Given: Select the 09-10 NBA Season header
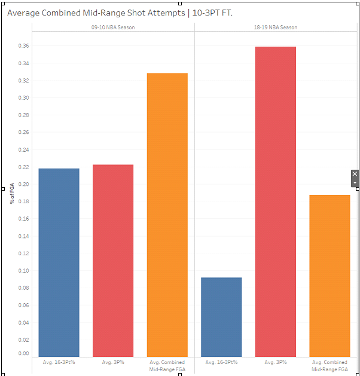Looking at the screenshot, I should click(113, 27).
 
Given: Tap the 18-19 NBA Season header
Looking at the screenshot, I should click(276, 27).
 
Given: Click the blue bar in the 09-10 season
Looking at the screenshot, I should click(59, 262).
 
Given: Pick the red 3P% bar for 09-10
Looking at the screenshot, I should click(113, 261).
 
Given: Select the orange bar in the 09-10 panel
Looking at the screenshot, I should click(167, 215).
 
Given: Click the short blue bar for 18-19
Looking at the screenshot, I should click(221, 317).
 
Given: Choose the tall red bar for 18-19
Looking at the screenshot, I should click(276, 201).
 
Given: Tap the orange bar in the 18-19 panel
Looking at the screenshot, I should click(330, 276).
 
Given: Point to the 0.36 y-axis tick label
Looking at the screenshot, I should click(23, 46).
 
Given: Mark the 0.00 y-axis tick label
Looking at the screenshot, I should click(23, 353).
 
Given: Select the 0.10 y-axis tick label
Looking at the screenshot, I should click(23, 270).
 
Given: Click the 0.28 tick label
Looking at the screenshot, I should click(23, 115).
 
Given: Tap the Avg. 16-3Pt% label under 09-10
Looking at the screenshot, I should click(59, 362).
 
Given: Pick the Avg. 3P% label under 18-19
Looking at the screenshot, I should click(276, 362).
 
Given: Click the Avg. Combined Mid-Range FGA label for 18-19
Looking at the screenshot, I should click(330, 366).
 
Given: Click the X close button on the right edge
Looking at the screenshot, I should click(355, 174).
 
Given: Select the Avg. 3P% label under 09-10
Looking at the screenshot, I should click(113, 362).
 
